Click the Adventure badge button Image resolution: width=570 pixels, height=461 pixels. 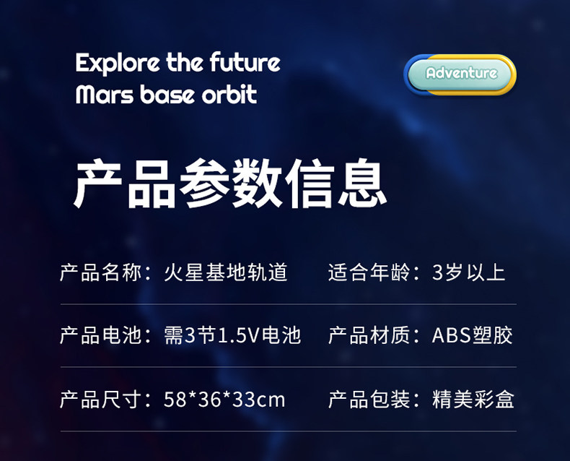[x=460, y=74]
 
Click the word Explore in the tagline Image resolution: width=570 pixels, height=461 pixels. [x=118, y=63]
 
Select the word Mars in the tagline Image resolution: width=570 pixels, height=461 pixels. [x=105, y=94]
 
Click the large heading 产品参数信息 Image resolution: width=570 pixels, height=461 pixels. [x=230, y=183]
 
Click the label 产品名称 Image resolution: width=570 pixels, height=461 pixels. [x=101, y=272]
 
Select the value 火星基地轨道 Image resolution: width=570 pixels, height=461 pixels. [x=226, y=272]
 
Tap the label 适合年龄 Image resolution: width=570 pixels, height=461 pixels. [x=369, y=272]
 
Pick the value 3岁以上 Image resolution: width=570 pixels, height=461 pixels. [x=468, y=272]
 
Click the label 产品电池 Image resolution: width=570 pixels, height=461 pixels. [x=101, y=335]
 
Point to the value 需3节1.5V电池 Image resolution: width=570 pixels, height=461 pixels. [x=232, y=335]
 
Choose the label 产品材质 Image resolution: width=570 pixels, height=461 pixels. [x=369, y=335]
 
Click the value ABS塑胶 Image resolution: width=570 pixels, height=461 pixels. [x=472, y=335]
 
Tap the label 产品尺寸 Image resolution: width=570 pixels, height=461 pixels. [x=101, y=399]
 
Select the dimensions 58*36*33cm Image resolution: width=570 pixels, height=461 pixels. [x=224, y=400]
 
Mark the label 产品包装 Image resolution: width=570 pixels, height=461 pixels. [x=369, y=399]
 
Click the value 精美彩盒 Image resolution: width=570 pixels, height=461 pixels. [x=473, y=399]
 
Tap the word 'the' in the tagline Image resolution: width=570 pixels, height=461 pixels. [x=185, y=62]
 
